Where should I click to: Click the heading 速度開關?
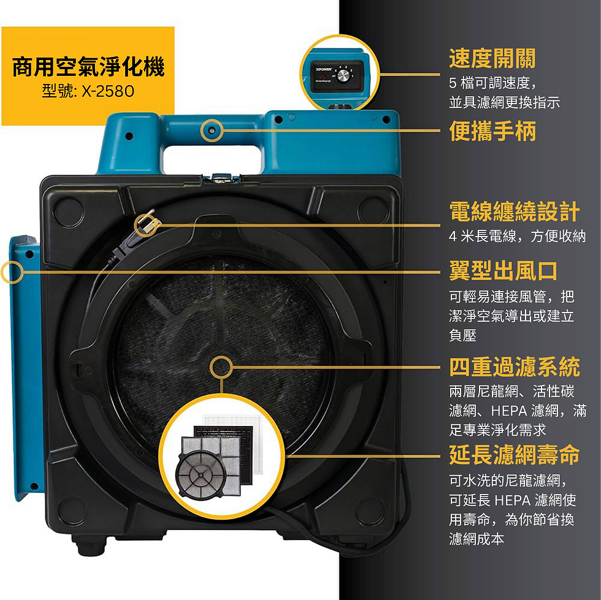click(492, 59)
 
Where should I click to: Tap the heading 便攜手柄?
click(492, 131)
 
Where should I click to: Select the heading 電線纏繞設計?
click(514, 211)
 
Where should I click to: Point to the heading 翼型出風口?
click(503, 270)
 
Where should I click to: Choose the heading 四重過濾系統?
click(514, 367)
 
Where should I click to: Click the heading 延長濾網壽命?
click(514, 455)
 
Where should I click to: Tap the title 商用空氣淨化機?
click(88, 67)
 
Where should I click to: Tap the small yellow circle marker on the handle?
click(212, 129)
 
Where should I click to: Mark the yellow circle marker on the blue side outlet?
click(11, 272)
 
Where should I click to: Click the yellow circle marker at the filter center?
click(221, 368)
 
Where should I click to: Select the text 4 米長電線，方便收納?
click(517, 237)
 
